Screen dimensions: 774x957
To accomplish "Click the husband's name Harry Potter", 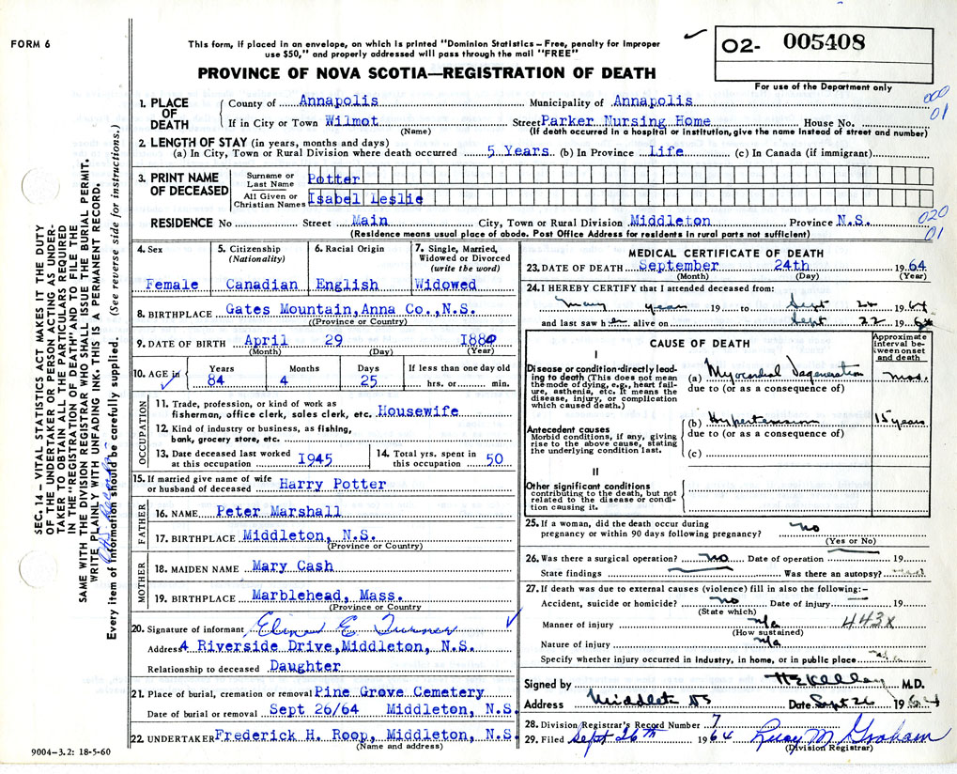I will pos(332,484).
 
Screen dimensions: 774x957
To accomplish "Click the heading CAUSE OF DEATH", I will pos(699,344).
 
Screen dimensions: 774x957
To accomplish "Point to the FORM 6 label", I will pos(30,44).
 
